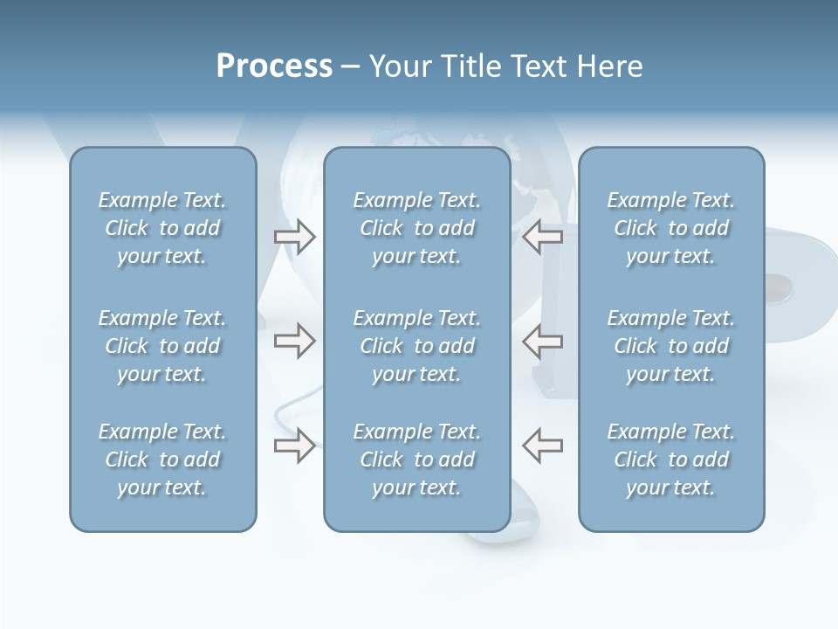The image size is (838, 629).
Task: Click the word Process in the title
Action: click(274, 66)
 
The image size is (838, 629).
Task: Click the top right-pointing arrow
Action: click(294, 237)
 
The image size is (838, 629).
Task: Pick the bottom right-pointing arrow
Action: click(294, 445)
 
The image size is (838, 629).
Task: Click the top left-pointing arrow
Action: click(543, 237)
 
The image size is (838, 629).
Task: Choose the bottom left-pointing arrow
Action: click(543, 445)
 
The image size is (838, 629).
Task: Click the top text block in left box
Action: click(162, 228)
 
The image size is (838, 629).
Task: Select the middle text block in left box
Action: click(162, 346)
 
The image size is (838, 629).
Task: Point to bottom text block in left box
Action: click(162, 460)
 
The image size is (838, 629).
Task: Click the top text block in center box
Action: click(416, 228)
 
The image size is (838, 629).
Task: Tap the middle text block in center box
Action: click(416, 346)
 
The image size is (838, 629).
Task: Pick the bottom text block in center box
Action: click(416, 460)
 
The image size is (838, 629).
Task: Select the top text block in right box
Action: click(671, 228)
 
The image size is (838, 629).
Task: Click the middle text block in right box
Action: click(671, 346)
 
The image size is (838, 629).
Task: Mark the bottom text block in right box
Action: click(671, 460)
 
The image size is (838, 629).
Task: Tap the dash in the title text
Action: click(351, 67)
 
